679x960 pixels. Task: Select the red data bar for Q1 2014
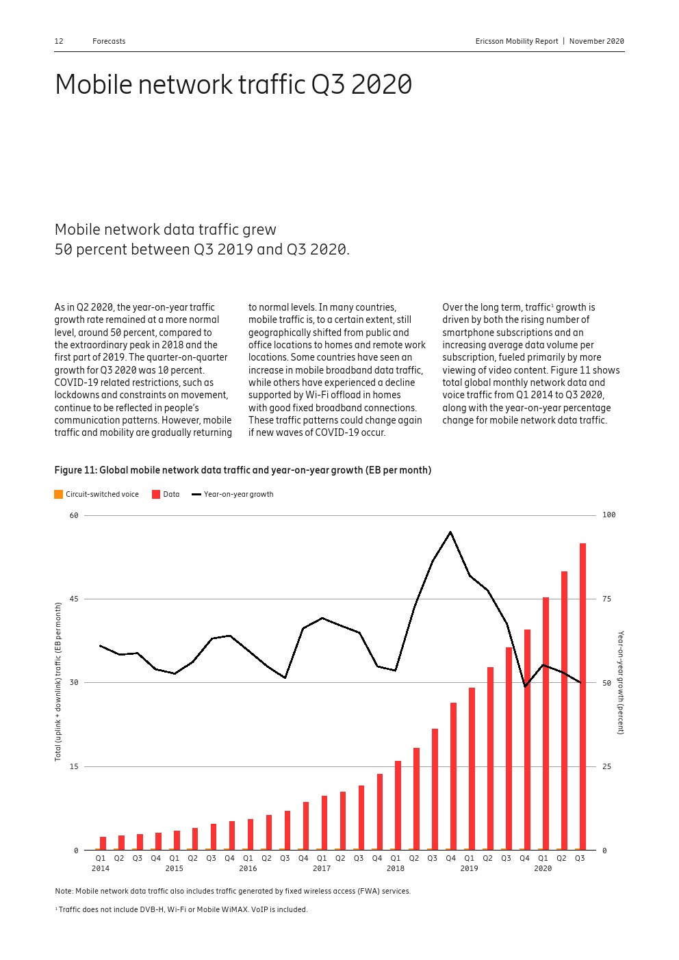(103, 843)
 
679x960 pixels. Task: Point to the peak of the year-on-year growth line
(450, 532)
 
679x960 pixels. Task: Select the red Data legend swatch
(156, 494)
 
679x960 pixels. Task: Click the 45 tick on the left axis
(74, 599)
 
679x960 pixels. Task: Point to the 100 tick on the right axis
(608, 515)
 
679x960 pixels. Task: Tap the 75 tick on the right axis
(606, 599)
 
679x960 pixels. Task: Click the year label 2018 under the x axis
(395, 868)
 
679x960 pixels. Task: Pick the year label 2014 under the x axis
(101, 868)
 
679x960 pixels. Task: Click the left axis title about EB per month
(58, 682)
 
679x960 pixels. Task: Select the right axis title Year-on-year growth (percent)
(621, 683)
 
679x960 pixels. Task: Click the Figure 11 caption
(242, 470)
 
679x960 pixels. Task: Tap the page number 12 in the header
(59, 41)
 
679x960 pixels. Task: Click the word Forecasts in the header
(109, 41)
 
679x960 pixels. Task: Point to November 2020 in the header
(596, 41)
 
